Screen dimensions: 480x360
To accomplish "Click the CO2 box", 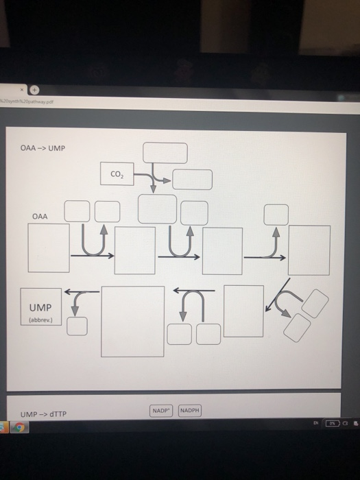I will (115, 174).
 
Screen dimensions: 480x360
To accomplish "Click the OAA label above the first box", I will (40, 217).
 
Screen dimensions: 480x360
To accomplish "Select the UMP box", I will (41, 306).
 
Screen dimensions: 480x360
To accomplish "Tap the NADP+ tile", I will (162, 411).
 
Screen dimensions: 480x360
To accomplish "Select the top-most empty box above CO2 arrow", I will (165, 152).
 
